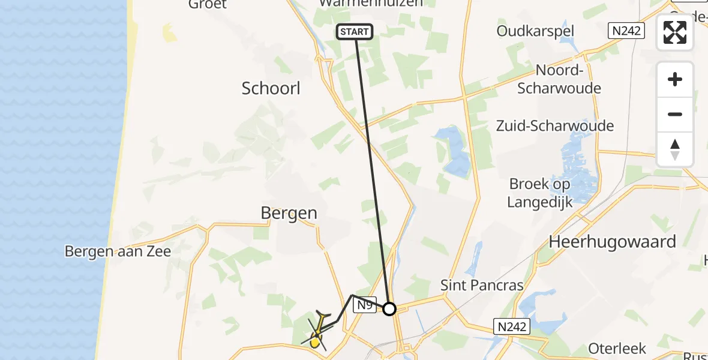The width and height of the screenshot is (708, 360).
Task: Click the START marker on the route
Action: (355, 32)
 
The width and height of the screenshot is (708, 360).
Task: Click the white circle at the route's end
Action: (389, 309)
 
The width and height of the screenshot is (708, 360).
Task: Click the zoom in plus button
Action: (675, 80)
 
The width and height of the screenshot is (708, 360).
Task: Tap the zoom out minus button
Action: (675, 115)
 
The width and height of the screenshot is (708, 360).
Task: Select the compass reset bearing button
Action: (675, 149)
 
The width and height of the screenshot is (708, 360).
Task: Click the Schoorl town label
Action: (271, 89)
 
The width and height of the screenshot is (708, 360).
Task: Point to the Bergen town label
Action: (289, 214)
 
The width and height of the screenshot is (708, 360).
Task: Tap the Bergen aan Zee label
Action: (118, 251)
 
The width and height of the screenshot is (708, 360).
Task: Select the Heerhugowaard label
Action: (612, 242)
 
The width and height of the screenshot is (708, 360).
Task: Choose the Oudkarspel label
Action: (536, 31)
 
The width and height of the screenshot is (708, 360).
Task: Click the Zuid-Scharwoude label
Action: (555, 126)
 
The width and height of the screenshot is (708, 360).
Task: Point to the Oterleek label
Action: (617, 349)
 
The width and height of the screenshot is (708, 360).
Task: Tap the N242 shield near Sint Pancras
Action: (512, 326)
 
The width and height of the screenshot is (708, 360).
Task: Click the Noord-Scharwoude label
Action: (559, 79)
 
